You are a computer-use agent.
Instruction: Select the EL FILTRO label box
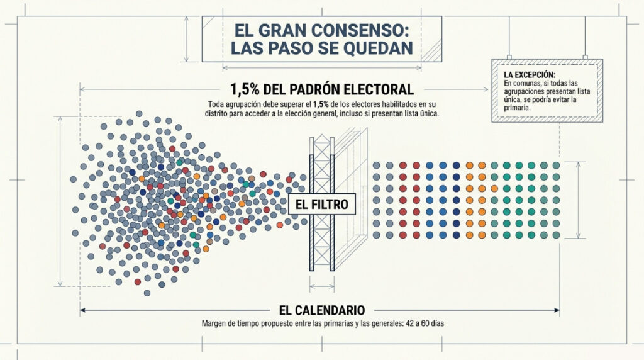pos(321,205)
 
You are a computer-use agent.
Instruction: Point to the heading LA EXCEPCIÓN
pos(530,75)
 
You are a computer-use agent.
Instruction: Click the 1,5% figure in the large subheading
pos(244,89)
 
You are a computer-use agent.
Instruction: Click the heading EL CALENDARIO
pos(321,310)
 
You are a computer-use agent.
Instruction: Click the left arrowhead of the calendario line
pos(82,310)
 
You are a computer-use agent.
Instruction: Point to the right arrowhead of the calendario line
pos(557,310)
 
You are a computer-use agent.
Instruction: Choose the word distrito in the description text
pos(216,114)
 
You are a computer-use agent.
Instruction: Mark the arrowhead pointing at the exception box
pos(486,89)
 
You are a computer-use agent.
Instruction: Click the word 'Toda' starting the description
pos(215,104)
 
